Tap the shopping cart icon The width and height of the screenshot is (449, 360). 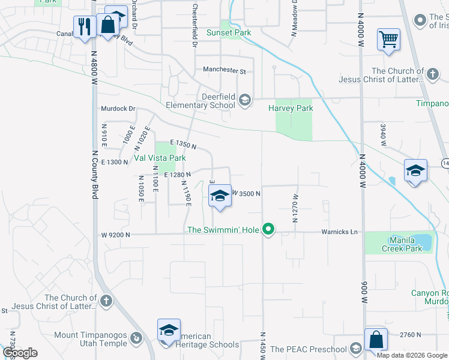(388, 40)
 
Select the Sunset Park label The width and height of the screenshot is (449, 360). (228, 32)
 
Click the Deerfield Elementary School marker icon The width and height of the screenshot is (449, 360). (245, 100)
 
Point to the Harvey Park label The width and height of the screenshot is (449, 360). (291, 109)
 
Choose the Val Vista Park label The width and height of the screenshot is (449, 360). (159, 158)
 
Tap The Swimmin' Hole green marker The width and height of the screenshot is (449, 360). (270, 229)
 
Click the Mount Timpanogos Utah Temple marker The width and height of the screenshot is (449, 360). (136, 338)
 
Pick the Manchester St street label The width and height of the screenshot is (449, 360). (224, 70)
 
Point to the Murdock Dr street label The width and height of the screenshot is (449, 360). (117, 109)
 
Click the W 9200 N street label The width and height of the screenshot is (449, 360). (115, 235)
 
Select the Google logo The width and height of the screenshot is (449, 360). (20, 353)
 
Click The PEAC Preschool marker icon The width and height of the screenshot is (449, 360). (356, 349)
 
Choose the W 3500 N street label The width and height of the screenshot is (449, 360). (246, 193)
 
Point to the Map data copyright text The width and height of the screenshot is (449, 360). (412, 355)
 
